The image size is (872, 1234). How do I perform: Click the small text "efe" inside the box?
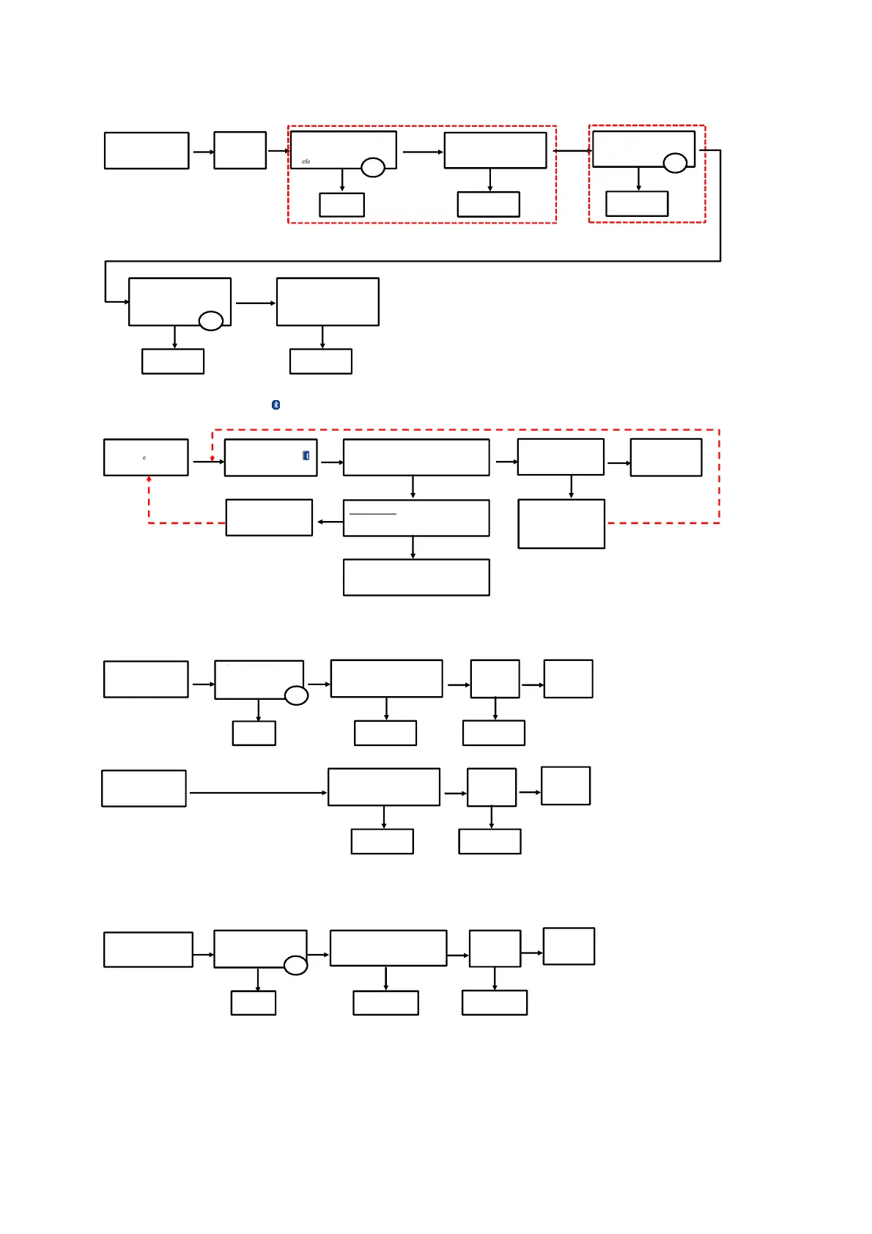[x=306, y=161]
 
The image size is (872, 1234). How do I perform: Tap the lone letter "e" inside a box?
[x=144, y=458]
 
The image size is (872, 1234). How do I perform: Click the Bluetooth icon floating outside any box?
[x=276, y=404]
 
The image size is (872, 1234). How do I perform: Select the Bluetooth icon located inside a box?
[x=306, y=456]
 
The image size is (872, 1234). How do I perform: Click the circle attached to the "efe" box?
[x=373, y=168]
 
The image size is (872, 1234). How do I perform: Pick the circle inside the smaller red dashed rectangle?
[x=675, y=163]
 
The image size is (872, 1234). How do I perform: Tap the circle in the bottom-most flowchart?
[x=295, y=966]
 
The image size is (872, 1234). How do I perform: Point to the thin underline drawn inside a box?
[x=372, y=514]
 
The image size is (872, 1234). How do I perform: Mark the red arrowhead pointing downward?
[x=213, y=459]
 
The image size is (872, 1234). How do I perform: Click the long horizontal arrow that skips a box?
[x=256, y=793]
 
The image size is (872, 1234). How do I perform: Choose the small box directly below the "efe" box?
[x=341, y=205]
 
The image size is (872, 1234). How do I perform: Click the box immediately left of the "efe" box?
[x=240, y=150]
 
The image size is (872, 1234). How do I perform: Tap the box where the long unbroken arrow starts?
[x=144, y=788]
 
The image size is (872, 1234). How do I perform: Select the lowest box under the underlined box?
[x=416, y=577]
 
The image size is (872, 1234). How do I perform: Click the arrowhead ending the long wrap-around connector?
[x=126, y=302]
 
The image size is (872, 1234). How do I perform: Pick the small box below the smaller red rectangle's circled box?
[x=637, y=204]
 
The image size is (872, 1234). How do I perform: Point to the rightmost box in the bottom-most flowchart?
[x=569, y=946]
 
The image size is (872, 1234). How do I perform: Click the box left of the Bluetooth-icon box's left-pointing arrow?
[x=269, y=517]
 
